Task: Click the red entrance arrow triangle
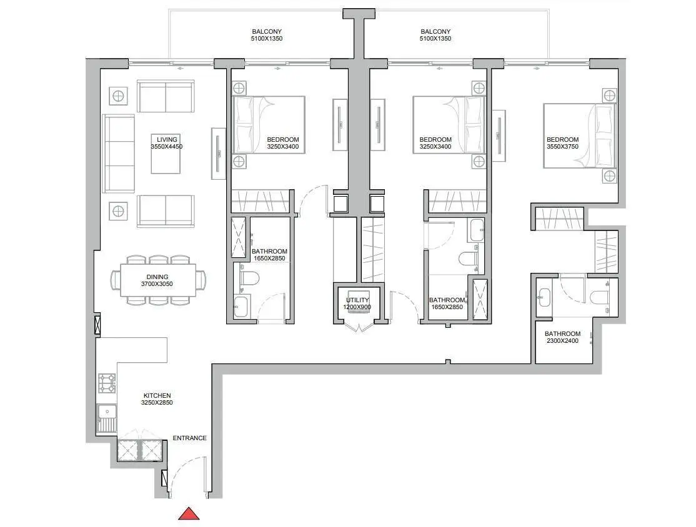pos(189,514)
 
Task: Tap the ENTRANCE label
pos(189,438)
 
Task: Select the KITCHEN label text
pos(157,395)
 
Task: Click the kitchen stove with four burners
pos(107,383)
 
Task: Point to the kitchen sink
pos(107,418)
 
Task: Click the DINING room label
pos(157,277)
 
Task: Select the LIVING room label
pos(167,139)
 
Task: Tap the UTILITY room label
pos(357,300)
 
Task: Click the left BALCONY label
pos(267,31)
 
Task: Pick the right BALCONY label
pos(435,31)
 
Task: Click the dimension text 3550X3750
pos(562,146)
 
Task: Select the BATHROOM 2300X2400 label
pos(562,337)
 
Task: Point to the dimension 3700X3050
pos(157,284)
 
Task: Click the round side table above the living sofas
pos(118,96)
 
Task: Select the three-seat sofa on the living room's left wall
pos(119,154)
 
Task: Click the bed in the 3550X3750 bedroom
pos(580,135)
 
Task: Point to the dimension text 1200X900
pos(357,307)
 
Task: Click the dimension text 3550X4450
pos(167,146)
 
